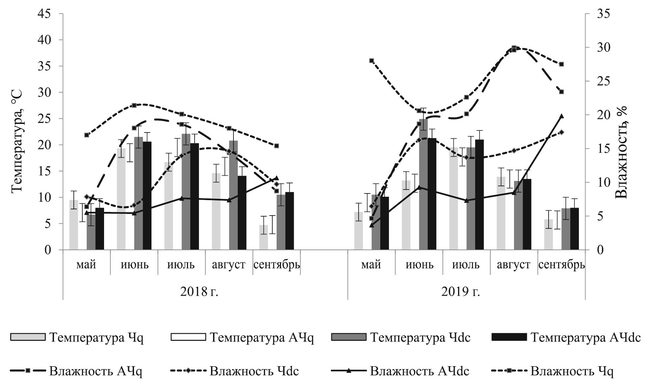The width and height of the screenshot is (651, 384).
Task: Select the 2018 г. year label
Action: (x=199, y=291)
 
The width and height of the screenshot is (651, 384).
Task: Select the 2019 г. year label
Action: (x=460, y=291)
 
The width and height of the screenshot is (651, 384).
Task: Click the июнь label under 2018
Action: (x=135, y=265)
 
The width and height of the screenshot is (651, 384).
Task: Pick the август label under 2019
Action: (x=513, y=265)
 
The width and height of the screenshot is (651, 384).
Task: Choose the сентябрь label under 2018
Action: (x=277, y=265)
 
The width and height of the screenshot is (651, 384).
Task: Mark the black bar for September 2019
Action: (x=574, y=229)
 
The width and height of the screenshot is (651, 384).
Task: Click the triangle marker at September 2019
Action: (x=562, y=116)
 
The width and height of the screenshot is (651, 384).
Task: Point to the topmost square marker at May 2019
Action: (x=371, y=61)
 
